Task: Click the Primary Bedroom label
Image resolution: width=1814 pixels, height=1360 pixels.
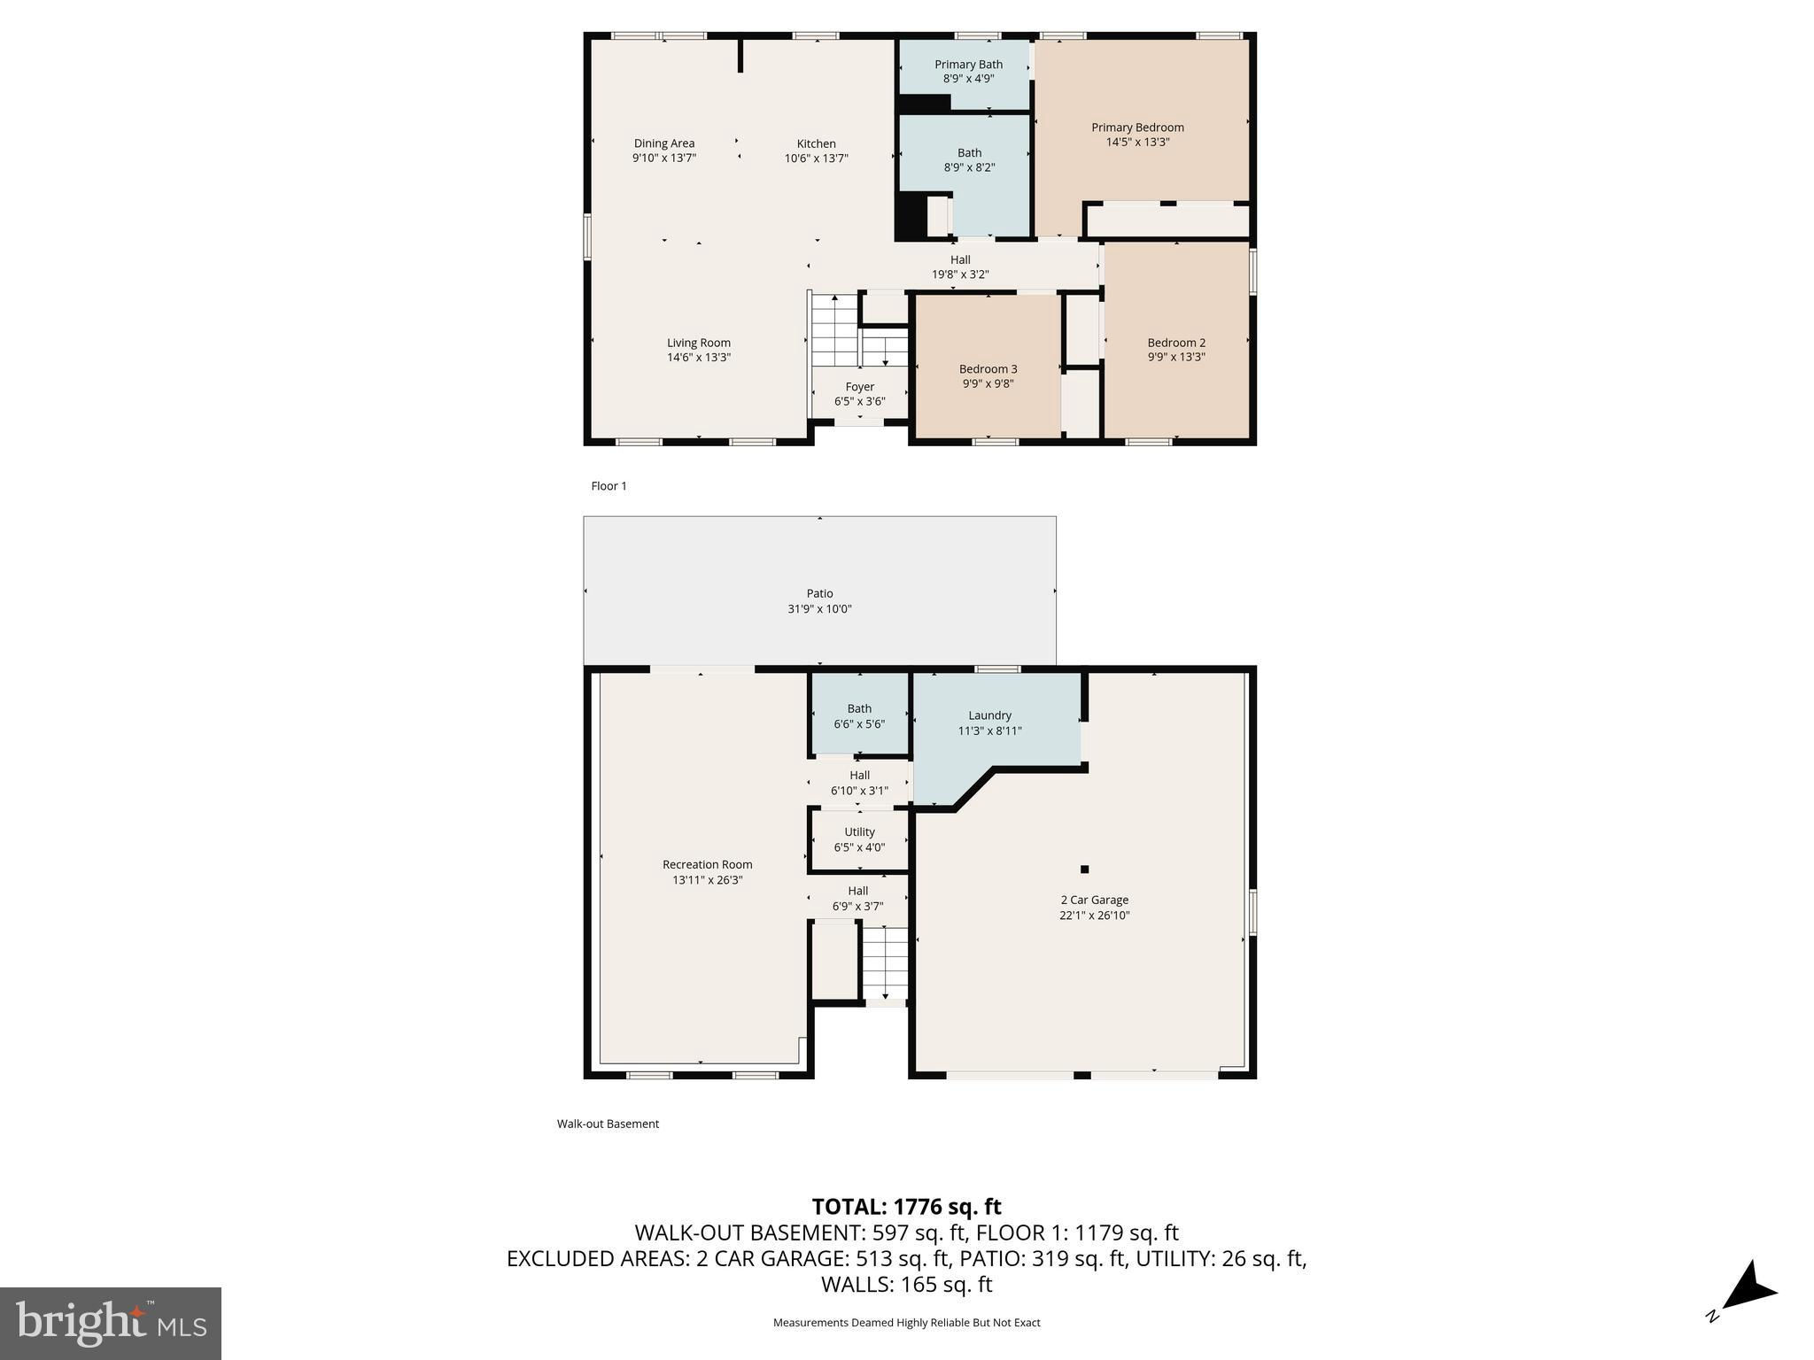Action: click(1137, 127)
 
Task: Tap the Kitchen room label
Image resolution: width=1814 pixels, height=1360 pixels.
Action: click(816, 143)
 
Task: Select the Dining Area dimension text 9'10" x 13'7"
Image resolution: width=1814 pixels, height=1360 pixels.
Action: click(664, 158)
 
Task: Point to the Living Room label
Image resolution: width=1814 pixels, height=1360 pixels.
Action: click(699, 343)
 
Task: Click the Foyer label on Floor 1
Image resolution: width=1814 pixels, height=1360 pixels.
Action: click(860, 387)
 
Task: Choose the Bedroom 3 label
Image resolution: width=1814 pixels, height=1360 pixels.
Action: click(988, 369)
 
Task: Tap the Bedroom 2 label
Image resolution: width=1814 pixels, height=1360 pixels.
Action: click(1176, 343)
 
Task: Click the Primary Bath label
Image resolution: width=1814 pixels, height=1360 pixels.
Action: click(969, 65)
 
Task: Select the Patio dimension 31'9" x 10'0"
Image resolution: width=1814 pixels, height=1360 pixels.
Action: click(820, 609)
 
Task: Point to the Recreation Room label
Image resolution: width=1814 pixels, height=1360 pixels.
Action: click(708, 865)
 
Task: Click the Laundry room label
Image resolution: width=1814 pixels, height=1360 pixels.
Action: click(990, 715)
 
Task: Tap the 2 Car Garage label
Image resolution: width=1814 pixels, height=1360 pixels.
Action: click(1095, 900)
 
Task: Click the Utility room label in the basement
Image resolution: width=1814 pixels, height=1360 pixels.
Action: click(860, 832)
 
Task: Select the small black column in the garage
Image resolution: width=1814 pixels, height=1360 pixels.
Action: click(1084, 869)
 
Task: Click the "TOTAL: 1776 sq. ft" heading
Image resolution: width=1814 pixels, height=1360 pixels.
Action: click(907, 1207)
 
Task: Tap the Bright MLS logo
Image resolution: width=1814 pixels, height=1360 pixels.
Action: click(111, 1323)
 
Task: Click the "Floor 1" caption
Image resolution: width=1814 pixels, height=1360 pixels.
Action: click(609, 486)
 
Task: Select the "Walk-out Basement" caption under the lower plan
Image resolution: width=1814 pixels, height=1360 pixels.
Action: click(609, 1124)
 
